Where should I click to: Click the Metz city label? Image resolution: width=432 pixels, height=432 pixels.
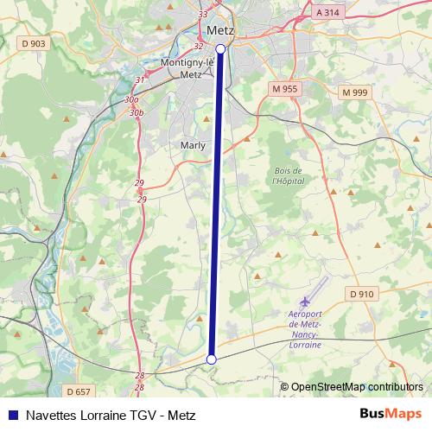tap(220, 29)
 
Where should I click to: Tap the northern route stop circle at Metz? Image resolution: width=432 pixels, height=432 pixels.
tap(220, 49)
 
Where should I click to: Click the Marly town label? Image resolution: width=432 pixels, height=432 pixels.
tap(193, 145)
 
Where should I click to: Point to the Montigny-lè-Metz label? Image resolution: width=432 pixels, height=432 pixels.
tap(187, 68)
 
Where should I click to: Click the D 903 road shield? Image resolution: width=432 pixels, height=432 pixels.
tap(35, 43)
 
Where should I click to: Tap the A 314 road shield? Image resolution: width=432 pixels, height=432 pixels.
tap(328, 13)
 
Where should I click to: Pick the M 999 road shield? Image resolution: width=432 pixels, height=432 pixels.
tap(354, 92)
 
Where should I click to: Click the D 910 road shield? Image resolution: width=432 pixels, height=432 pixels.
tap(363, 294)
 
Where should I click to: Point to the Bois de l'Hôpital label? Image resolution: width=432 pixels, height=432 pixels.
tap(286, 176)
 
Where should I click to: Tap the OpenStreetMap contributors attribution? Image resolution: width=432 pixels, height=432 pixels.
tap(356, 387)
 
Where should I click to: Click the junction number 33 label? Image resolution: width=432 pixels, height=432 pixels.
tap(203, 15)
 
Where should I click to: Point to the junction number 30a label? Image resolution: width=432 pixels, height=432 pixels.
tap(130, 101)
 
